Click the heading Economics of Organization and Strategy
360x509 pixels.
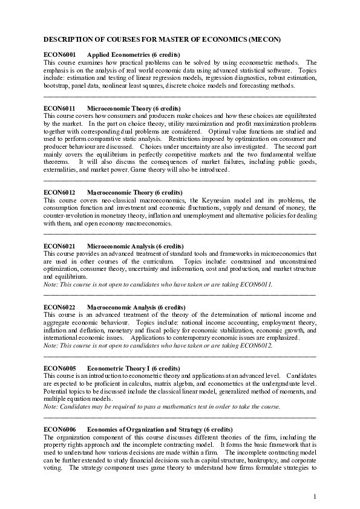pyautogui.click(x=151, y=429)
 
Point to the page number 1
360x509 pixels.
pyautogui.click(x=315, y=497)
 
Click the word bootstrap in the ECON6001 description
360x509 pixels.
pyautogui.click(x=56, y=86)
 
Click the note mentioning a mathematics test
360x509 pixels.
pyautogui.click(x=162, y=407)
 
